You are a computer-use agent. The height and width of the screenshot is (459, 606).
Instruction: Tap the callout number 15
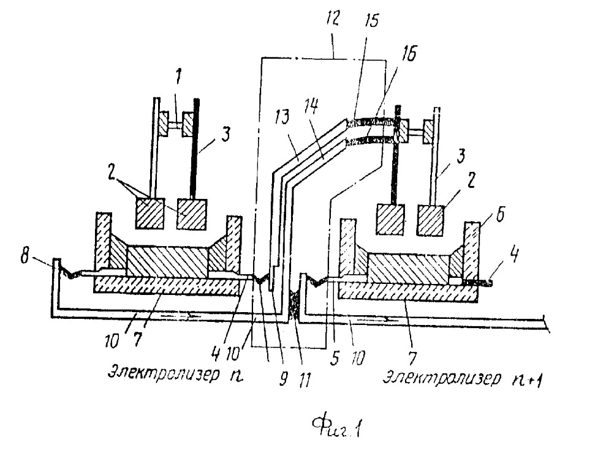coord(371,20)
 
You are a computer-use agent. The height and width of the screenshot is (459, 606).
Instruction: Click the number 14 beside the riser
coord(311,106)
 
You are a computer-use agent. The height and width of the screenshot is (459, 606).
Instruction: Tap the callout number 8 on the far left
coord(25,256)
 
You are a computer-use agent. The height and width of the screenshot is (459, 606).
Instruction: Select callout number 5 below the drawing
coord(335,358)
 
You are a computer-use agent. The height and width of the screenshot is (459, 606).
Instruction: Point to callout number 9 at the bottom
coord(284,379)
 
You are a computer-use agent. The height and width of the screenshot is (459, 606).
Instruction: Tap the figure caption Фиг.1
coord(336,427)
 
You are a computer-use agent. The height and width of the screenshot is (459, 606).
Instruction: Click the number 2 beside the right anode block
coord(471,181)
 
